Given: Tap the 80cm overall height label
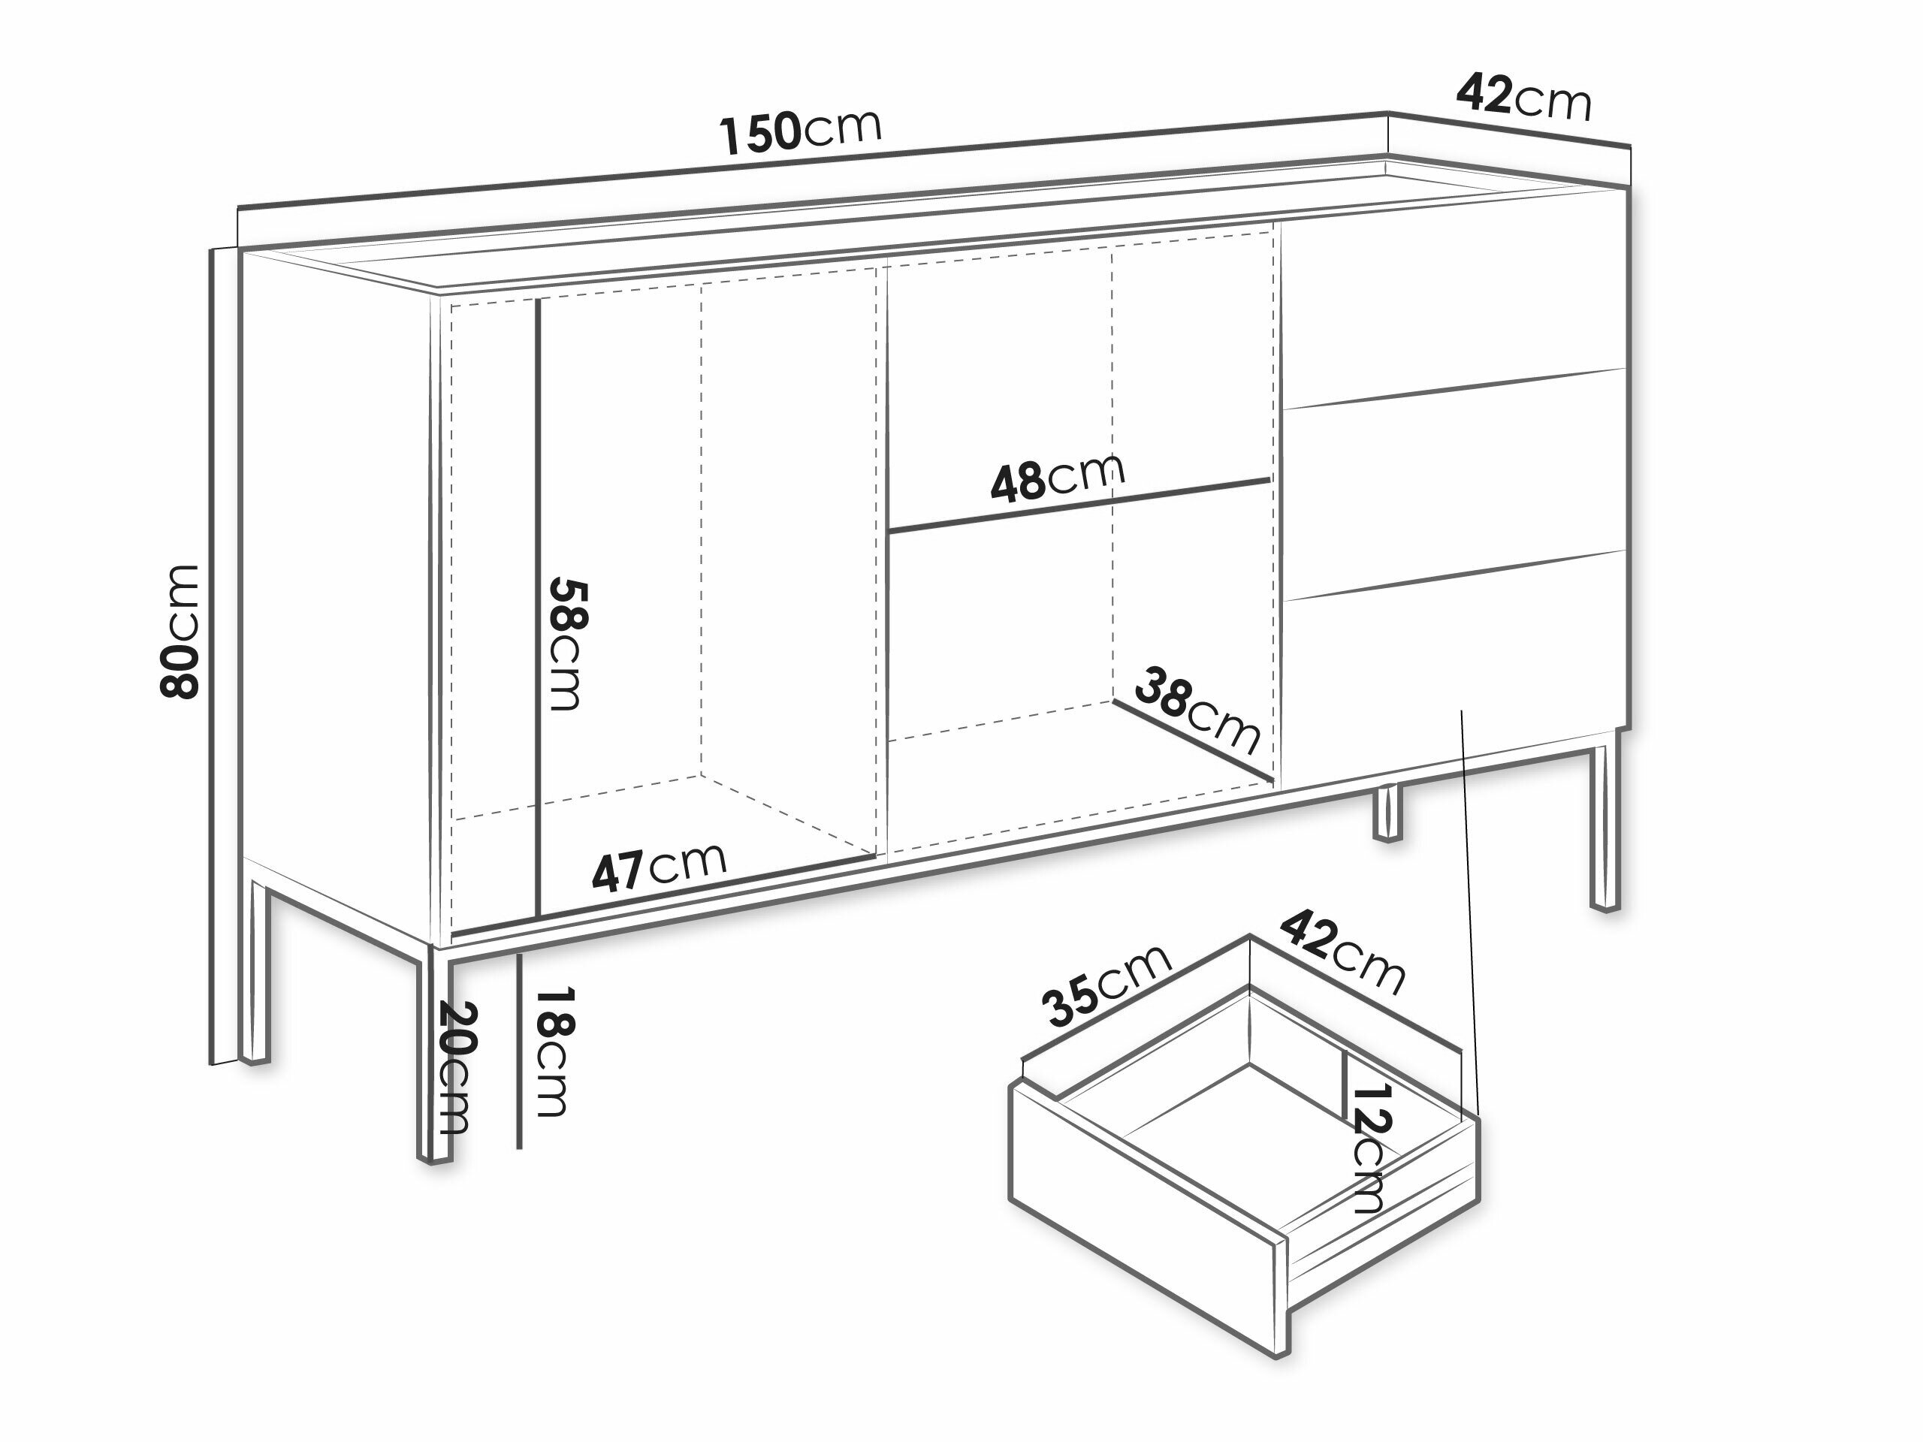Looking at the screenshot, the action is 180,632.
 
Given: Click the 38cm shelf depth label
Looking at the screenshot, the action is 1199,709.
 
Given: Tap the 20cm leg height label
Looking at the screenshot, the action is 455,1068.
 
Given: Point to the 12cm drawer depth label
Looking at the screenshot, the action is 1371,1148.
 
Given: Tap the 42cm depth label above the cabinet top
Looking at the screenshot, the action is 1524,96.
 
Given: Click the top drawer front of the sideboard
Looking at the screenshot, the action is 1453,298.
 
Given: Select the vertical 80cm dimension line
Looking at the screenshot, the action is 213,656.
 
